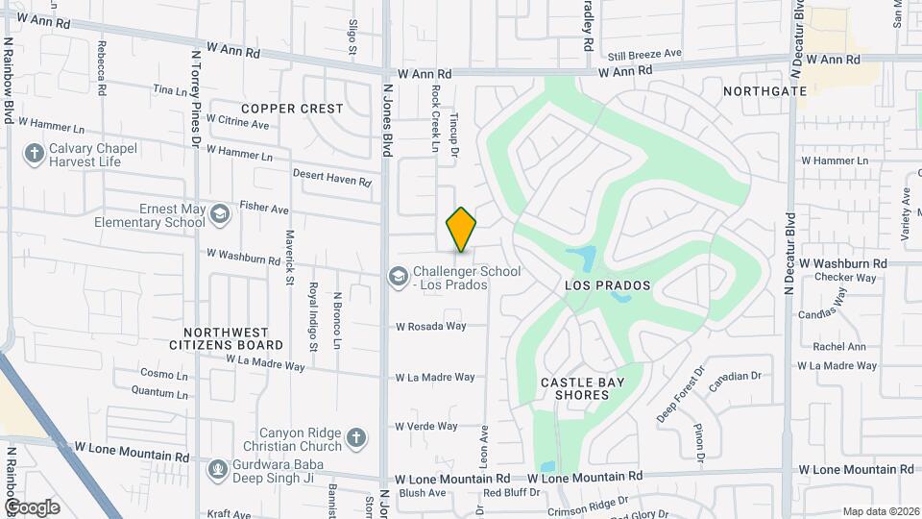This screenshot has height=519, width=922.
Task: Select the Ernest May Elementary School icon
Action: click(x=219, y=213)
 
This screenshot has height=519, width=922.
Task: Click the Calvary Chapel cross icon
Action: click(x=34, y=154)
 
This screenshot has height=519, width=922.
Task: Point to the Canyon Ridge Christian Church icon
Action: click(x=356, y=438)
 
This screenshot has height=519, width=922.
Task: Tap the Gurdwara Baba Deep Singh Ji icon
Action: click(x=218, y=469)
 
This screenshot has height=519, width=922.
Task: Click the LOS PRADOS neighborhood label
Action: click(x=607, y=285)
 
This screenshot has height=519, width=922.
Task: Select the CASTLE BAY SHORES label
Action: click(x=582, y=389)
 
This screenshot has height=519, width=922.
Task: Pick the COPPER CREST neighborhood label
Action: click(x=292, y=109)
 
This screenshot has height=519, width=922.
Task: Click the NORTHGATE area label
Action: click(x=764, y=90)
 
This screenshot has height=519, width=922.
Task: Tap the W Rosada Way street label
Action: click(x=430, y=327)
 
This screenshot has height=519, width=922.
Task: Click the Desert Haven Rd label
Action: click(x=331, y=177)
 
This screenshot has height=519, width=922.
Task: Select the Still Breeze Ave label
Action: click(x=644, y=54)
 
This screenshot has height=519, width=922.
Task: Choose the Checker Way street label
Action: click(x=845, y=278)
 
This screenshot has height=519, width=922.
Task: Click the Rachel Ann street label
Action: click(x=839, y=347)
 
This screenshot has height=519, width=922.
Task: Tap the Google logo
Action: click(x=32, y=507)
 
